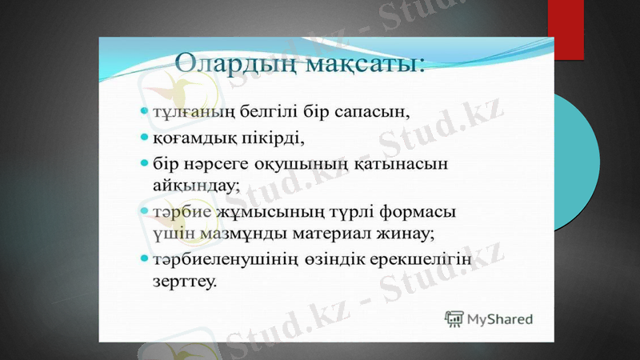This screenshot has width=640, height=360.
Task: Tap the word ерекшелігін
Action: coord(425,261)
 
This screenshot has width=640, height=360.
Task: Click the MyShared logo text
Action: coord(501,319)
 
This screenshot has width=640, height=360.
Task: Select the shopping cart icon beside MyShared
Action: coord(455,318)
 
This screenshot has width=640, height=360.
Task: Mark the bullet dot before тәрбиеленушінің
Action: coord(144,261)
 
